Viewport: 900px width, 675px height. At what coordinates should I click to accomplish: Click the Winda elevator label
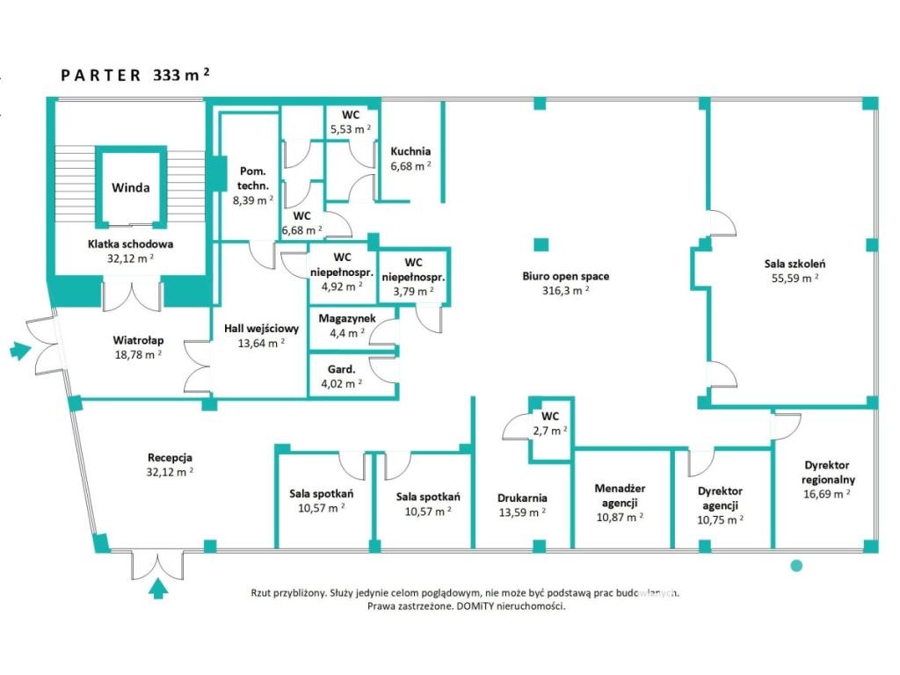pos(130,188)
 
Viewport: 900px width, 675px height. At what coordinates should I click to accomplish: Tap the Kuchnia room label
pos(410,151)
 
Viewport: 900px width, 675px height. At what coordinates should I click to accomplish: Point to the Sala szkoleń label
pos(795,264)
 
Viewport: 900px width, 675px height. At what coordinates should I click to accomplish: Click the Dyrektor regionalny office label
pos(827,472)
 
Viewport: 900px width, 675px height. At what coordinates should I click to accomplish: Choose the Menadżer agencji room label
pos(620,496)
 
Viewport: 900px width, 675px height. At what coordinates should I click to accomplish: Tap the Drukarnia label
pos(522,498)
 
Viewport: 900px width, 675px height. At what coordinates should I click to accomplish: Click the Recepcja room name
pos(170,458)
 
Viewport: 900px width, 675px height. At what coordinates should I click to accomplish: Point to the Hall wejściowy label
pos(261,329)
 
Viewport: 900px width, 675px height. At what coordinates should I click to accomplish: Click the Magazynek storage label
pos(347,318)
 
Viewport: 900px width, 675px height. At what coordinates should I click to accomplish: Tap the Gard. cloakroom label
pos(342,370)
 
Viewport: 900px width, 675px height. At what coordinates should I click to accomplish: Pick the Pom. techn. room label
pos(252,178)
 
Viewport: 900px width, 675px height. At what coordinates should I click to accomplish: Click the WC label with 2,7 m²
pos(550,417)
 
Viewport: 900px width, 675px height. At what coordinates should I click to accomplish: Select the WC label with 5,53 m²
pos(351,115)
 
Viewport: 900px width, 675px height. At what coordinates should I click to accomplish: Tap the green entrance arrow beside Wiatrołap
pos(21,350)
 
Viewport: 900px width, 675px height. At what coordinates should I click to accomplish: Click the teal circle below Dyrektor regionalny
pos(796,566)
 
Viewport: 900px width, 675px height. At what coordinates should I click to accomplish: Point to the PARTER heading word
pos(101,76)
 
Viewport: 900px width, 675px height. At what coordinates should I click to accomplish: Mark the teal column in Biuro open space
pos(541,245)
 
